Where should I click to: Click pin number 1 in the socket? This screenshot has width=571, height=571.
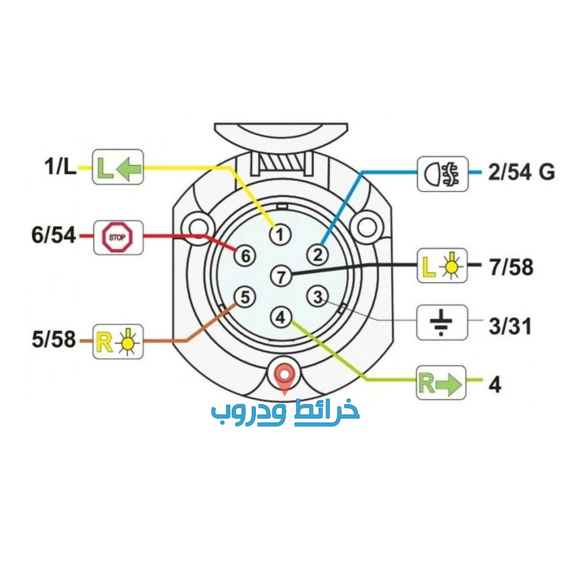[280, 235]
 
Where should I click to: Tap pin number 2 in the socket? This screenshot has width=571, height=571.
[317, 254]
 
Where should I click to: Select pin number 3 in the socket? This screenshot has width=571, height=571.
[317, 297]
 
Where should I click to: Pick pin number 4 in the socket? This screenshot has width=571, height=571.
[280, 317]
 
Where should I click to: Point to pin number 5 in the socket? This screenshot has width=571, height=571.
[245, 297]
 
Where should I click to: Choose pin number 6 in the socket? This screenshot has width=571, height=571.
[245, 256]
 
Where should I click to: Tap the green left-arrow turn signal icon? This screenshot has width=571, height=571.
[118, 167]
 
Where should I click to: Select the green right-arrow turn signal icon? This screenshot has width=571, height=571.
[441, 383]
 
